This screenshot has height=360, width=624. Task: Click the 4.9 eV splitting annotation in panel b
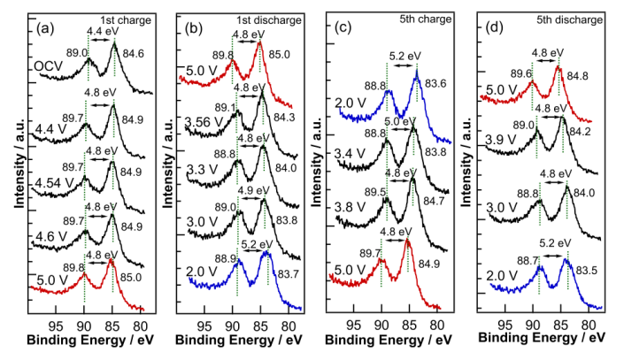pos(250,188)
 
